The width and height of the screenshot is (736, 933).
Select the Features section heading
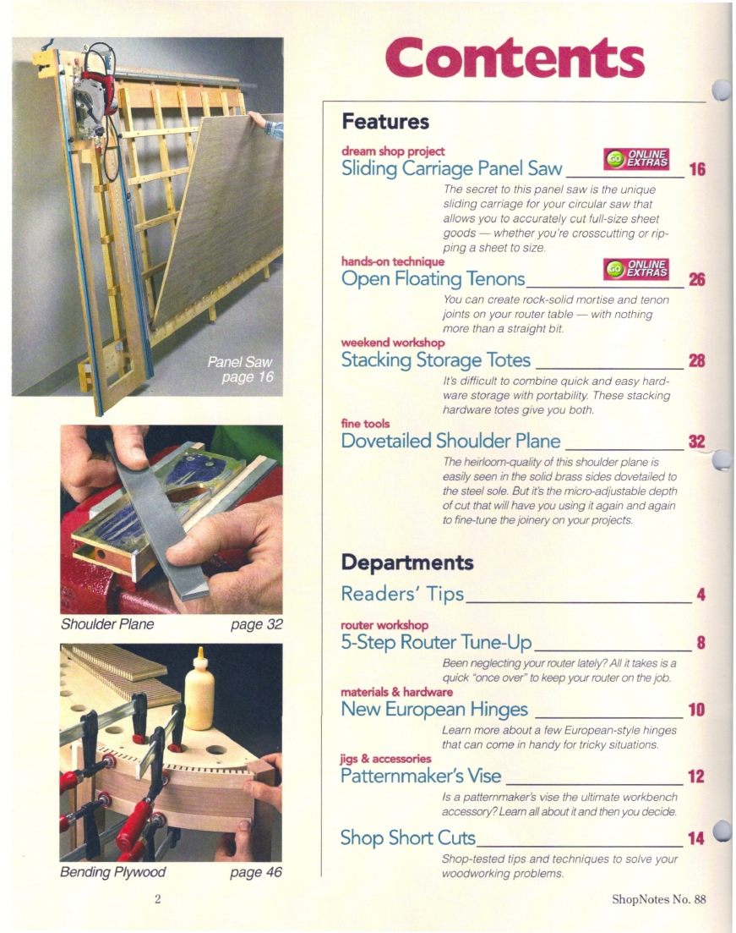pyautogui.click(x=385, y=122)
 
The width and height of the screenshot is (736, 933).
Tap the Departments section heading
pyautogui.click(x=406, y=563)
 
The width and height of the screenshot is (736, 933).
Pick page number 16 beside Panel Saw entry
pyautogui.click(x=697, y=169)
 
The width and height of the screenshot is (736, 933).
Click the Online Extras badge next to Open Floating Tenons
pyautogui.click(x=637, y=269)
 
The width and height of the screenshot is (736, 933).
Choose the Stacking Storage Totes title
pyautogui.click(x=435, y=361)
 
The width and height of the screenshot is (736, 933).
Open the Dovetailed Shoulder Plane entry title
pyautogui.click(x=450, y=441)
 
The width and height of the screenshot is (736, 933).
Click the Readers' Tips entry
pyautogui.click(x=402, y=595)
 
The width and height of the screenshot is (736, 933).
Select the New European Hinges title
pyautogui.click(x=434, y=709)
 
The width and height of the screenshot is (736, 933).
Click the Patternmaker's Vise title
pyautogui.click(x=421, y=775)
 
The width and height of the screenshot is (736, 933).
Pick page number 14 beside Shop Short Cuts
pyautogui.click(x=696, y=838)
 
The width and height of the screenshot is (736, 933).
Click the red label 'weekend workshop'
pyautogui.click(x=392, y=343)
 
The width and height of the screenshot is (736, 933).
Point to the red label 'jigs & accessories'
pyautogui.click(x=385, y=758)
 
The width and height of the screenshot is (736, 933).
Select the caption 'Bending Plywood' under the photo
pyautogui.click(x=112, y=871)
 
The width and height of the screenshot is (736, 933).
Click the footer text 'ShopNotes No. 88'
pyautogui.click(x=658, y=899)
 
